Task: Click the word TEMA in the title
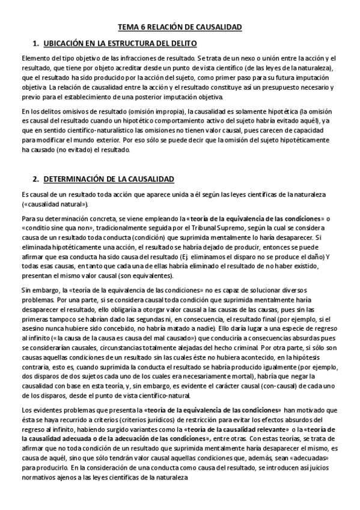pos(127,28)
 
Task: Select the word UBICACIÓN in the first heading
pos(70,44)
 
